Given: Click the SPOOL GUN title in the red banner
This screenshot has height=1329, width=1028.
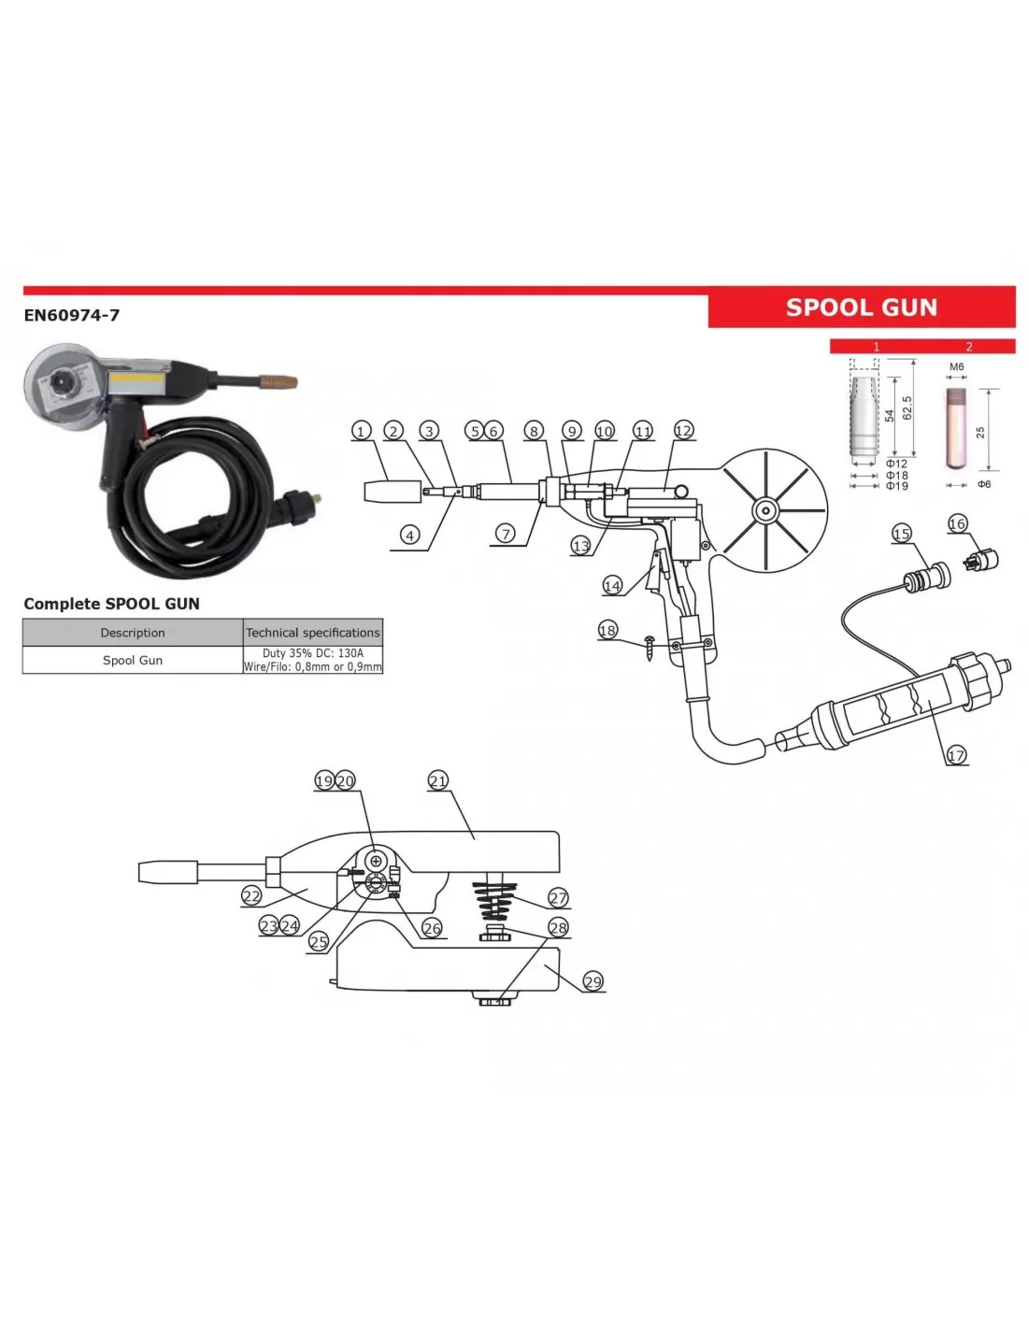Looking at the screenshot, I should [861, 307].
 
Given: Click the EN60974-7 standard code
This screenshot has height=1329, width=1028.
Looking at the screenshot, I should [72, 315].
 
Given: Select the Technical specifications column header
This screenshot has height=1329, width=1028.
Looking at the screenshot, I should [313, 633].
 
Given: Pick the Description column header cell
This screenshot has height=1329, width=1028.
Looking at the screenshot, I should [133, 633].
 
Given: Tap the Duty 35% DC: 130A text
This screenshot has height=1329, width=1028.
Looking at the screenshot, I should [313, 653].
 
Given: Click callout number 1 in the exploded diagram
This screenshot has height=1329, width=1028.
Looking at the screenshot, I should [361, 431].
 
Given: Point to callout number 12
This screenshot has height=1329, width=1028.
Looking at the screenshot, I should [684, 430].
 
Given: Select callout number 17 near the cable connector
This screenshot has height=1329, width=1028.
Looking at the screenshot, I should [956, 755].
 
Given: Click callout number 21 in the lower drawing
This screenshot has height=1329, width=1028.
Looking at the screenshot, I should [438, 780].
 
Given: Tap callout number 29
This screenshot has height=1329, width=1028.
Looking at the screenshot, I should [593, 980].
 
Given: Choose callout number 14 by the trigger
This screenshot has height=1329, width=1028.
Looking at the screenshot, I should [612, 586].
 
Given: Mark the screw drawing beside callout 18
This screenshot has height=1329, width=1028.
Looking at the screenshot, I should [649, 646].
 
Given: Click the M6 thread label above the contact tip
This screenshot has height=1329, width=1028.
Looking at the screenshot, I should [956, 367].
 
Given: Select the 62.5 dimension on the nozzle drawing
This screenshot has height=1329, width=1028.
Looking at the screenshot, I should [907, 407].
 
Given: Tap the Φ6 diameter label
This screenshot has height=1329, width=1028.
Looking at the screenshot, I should [984, 484].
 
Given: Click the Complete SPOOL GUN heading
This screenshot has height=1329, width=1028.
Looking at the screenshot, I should [111, 604].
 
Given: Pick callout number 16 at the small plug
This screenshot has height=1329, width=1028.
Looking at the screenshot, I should [957, 523].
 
